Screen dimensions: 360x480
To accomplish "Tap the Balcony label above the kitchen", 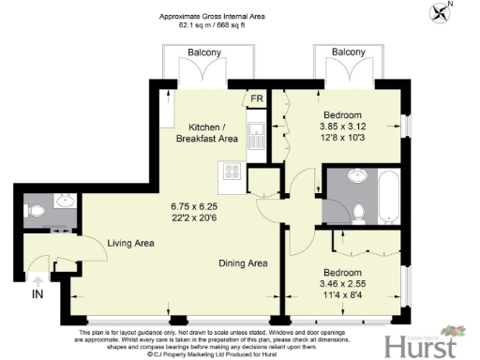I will pyautogui.click(x=204, y=53).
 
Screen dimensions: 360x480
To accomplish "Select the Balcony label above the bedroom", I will pyautogui.click(x=348, y=53).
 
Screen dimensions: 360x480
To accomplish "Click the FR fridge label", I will pyautogui.click(x=256, y=97).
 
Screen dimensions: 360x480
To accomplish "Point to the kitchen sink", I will pyautogui.click(x=254, y=135).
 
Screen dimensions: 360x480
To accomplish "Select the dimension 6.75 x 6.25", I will pyautogui.click(x=193, y=206).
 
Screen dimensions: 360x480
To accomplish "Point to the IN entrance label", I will pyautogui.click(x=37, y=293).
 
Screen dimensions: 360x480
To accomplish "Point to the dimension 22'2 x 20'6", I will pyautogui.click(x=193, y=217).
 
